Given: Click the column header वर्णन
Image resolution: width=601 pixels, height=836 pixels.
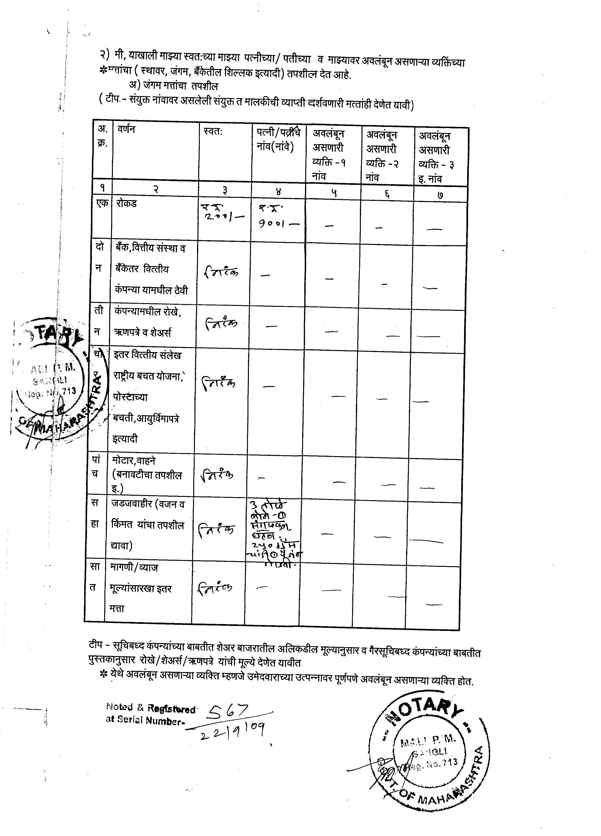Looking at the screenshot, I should tap(126, 129).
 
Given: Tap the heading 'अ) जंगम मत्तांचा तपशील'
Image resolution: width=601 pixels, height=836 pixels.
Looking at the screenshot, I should tap(173, 86).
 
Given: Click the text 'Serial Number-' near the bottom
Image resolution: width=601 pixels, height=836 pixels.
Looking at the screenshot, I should tap(145, 720).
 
